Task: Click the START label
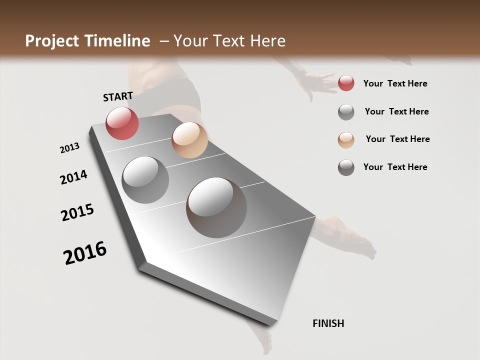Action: [x=118, y=96]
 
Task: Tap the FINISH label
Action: [x=328, y=323]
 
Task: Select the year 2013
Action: [x=69, y=148]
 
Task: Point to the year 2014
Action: [x=73, y=177]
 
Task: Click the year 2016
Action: [x=85, y=253]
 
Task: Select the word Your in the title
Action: [x=190, y=41]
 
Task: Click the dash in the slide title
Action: [x=164, y=41]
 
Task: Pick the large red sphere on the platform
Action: [x=122, y=123]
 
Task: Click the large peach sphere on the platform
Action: [x=189, y=140]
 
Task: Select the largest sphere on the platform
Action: [x=216, y=207]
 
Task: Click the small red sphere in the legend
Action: [x=346, y=83]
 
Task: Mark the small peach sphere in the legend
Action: [x=346, y=139]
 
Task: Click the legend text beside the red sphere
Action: [x=395, y=83]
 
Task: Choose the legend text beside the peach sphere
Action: [x=397, y=139]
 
